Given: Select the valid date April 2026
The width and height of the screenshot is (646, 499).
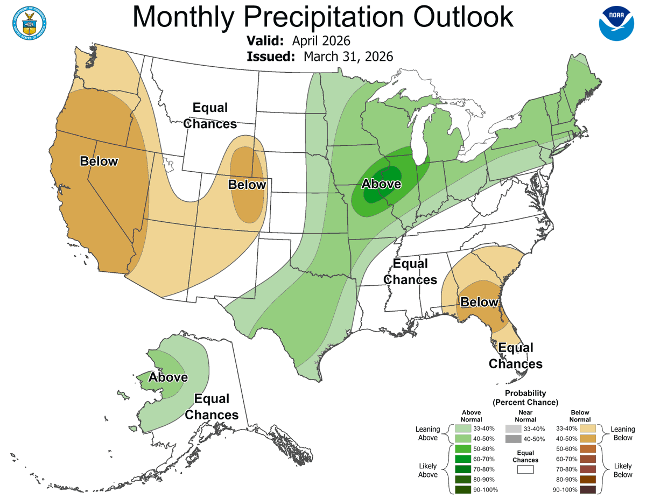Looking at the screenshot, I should (x=321, y=41).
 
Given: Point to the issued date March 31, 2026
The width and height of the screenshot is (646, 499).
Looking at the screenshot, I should (x=348, y=57).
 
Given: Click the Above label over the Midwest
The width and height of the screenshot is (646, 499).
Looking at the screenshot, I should (x=381, y=184).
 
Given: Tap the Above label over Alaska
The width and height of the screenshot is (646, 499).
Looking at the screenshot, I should (x=168, y=377).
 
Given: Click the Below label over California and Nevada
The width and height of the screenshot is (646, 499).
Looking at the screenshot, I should (x=99, y=161).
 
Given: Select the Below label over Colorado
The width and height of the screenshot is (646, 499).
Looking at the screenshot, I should (x=247, y=185).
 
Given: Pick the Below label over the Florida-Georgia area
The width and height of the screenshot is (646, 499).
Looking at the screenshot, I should (x=479, y=302).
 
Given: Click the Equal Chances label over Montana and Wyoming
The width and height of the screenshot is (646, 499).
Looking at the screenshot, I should (x=210, y=116).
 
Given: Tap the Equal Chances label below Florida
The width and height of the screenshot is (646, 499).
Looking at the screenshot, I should (x=515, y=356).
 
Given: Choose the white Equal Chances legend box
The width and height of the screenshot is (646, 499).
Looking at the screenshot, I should (x=525, y=469).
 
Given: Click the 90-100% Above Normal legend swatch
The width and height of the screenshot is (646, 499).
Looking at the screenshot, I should (x=462, y=490).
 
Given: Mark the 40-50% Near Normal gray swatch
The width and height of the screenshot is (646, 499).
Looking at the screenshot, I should (x=514, y=439).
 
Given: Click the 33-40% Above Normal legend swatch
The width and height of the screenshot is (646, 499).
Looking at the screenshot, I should (x=462, y=428).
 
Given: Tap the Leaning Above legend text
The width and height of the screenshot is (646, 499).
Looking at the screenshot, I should (x=428, y=433).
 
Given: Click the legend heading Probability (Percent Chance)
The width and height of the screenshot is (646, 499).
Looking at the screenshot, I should (x=525, y=398).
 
